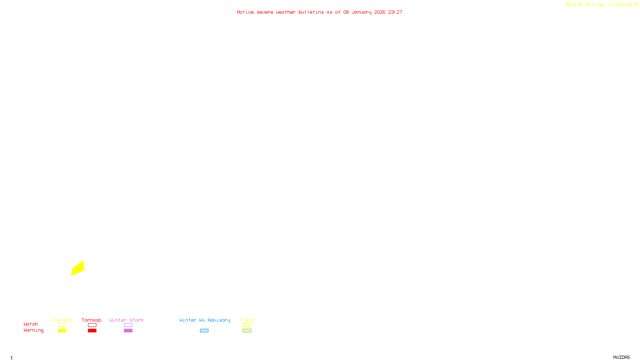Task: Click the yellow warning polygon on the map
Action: [x=78, y=268]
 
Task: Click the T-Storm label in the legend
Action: [x=62, y=320]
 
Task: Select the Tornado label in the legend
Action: [x=92, y=320]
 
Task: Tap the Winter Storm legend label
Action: [x=126, y=320]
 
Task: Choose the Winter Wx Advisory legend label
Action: [x=205, y=320]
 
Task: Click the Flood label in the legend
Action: [x=247, y=320]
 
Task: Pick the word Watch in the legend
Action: [x=31, y=324]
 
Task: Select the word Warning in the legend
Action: [x=33, y=330]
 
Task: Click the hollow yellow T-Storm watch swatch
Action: [x=62, y=325]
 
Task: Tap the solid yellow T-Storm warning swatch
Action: [x=62, y=331]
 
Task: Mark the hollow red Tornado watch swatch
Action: [x=92, y=325]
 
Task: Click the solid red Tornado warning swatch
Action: [x=92, y=331]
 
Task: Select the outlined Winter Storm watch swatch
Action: [x=128, y=325]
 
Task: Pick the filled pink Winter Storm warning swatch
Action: [x=128, y=331]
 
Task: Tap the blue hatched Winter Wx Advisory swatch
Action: [x=204, y=331]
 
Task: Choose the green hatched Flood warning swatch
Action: [x=247, y=331]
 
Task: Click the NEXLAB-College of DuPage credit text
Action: [x=600, y=5]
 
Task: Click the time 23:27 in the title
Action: [x=395, y=12]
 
